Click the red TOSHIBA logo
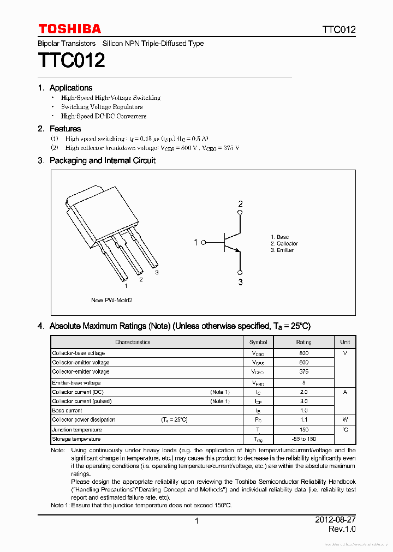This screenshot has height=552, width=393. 69,29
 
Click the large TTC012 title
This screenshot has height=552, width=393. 71,60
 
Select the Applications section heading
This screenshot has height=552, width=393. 70,88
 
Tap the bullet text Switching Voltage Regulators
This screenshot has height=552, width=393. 102,107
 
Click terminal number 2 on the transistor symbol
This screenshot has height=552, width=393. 240,205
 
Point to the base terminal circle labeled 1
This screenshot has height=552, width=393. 204,242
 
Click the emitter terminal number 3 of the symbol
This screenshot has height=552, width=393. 240,282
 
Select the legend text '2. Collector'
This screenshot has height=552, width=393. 284,244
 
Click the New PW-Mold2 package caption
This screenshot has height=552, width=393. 111,300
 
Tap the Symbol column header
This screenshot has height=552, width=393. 258,343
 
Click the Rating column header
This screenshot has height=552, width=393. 303,343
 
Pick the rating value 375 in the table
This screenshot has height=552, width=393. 303,371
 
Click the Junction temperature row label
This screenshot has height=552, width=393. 76,430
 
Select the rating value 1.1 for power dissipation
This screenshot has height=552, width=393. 303,420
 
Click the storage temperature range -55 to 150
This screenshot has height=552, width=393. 303,439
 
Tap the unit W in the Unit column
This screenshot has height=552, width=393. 345,420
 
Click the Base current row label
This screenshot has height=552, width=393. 67,410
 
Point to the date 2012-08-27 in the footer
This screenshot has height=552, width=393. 335,520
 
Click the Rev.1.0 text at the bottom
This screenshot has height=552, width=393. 342,530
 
